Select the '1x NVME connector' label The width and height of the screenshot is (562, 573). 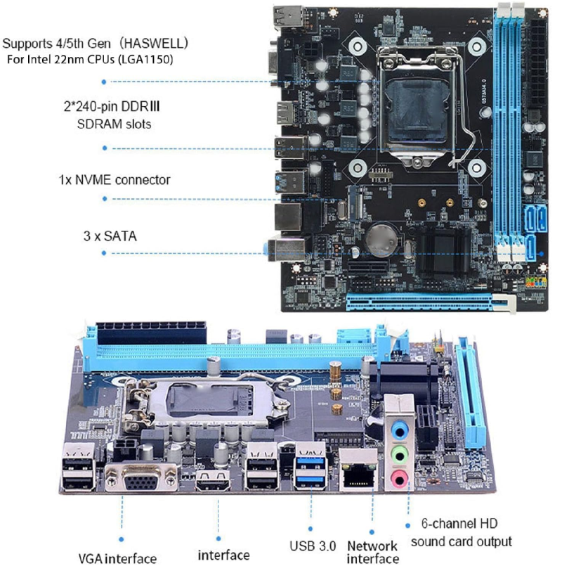click(x=115, y=180)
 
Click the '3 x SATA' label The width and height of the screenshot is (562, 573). click(x=110, y=236)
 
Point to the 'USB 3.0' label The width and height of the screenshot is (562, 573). click(x=313, y=546)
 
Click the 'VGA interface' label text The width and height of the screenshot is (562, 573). click(x=117, y=558)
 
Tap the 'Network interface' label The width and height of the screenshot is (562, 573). click(x=372, y=552)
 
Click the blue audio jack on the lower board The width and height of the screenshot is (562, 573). click(x=400, y=432)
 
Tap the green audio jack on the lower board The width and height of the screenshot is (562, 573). click(x=400, y=456)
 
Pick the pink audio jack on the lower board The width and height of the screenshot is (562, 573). click(x=399, y=479)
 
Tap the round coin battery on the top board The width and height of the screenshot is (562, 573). click(x=382, y=240)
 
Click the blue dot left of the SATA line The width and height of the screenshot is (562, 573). click(x=104, y=253)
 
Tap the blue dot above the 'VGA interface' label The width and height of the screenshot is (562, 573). click(x=122, y=539)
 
